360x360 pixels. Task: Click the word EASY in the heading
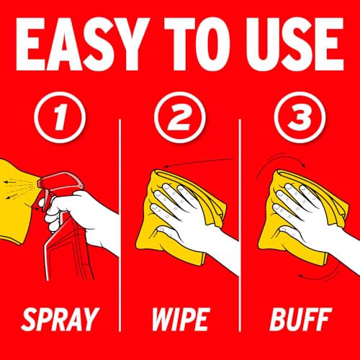81,45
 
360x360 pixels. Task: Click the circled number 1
60,117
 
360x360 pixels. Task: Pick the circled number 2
180,117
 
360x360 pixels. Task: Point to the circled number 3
300,117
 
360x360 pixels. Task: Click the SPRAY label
60,320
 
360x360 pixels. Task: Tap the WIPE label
181,320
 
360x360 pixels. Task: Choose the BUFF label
301,320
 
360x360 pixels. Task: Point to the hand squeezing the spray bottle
79,216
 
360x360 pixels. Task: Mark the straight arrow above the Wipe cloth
199,162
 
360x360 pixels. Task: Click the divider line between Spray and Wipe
120,225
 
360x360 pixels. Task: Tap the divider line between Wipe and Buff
240,225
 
